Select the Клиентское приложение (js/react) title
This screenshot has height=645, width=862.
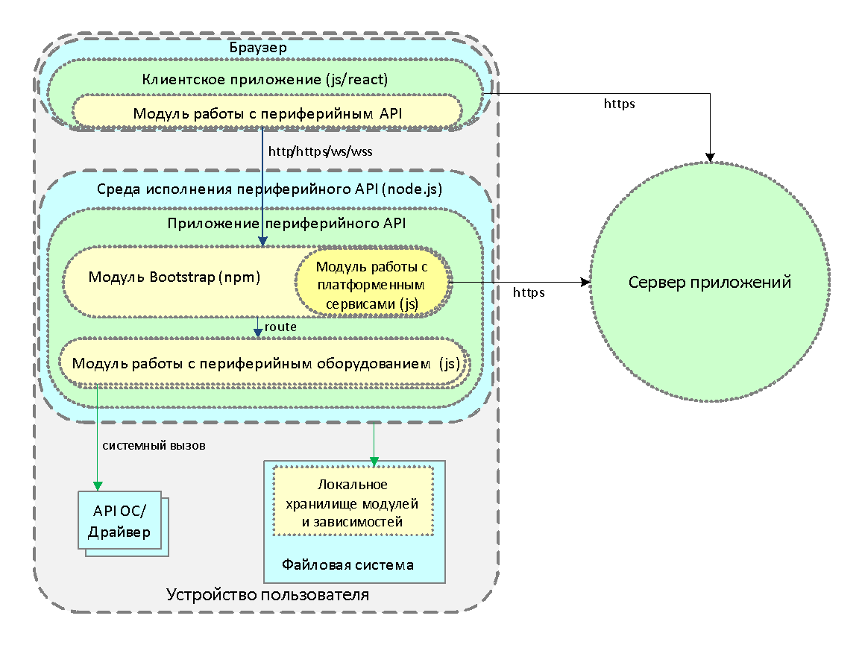265,78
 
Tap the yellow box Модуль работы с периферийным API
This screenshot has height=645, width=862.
267,113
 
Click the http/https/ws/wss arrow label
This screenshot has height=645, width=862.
320,151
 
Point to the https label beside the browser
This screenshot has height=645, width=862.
618,104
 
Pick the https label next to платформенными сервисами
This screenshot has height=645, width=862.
527,293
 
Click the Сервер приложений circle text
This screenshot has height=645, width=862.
709,283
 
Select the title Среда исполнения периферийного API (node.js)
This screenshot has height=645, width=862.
269,189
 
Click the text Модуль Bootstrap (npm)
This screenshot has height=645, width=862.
174,277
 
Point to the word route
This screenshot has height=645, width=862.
280,327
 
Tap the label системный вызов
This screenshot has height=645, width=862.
154,445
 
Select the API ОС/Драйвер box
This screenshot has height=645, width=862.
119,521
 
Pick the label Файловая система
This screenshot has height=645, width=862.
347,564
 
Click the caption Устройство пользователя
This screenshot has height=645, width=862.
267,594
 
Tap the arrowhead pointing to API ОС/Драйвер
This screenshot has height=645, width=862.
97,485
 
